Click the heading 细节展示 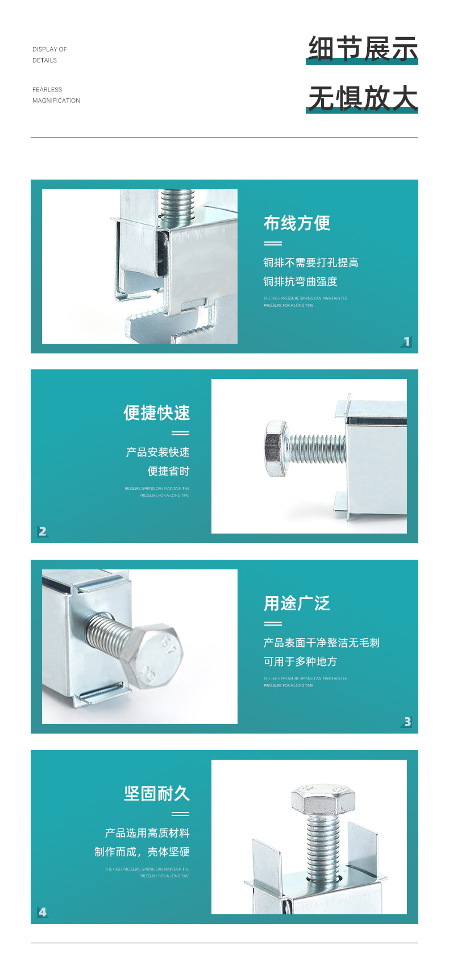tap(363, 48)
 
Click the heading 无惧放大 tap(363, 98)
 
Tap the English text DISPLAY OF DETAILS tap(49, 55)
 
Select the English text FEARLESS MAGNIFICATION tap(56, 95)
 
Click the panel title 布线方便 tap(297, 223)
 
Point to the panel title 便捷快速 tap(156, 413)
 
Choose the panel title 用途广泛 tap(297, 603)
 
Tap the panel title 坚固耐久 tap(156, 793)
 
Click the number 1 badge tap(406, 342)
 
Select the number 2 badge tap(43, 531)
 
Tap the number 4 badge tap(43, 912)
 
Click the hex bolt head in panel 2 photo tap(276, 448)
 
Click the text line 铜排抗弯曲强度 tap(300, 281)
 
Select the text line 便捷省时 tap(168, 471)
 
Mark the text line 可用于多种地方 tap(300, 661)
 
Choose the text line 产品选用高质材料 tap(147, 833)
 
